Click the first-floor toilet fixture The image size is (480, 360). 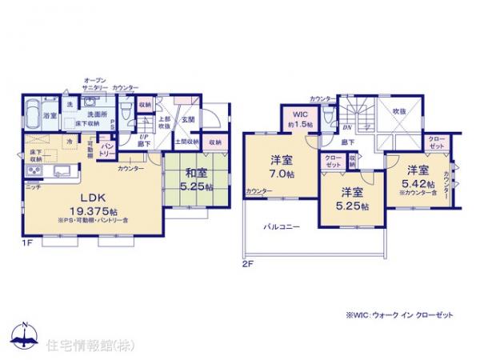(127, 112)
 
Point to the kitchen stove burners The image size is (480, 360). (36, 174)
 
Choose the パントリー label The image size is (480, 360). (105, 151)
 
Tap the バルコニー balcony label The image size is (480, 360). (282, 227)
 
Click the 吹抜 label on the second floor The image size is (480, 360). (398, 112)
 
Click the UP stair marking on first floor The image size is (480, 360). (143, 138)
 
